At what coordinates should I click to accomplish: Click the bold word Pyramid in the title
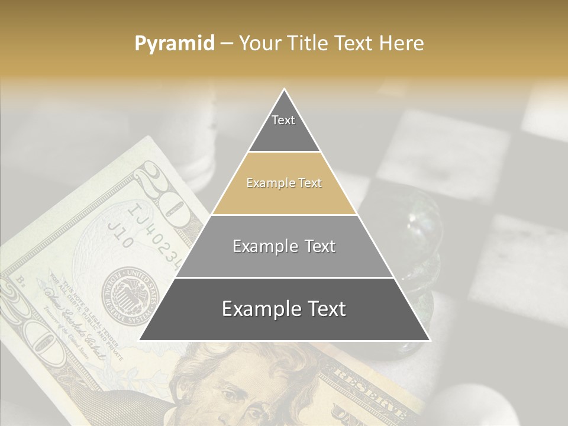[175, 43]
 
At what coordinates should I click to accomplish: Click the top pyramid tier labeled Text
[283, 124]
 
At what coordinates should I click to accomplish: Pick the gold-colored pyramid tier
[284, 183]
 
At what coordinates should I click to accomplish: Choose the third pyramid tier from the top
[284, 246]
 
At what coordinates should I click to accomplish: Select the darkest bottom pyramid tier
[284, 309]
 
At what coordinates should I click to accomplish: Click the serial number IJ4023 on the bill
[157, 234]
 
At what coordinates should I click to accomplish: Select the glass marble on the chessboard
[414, 225]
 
